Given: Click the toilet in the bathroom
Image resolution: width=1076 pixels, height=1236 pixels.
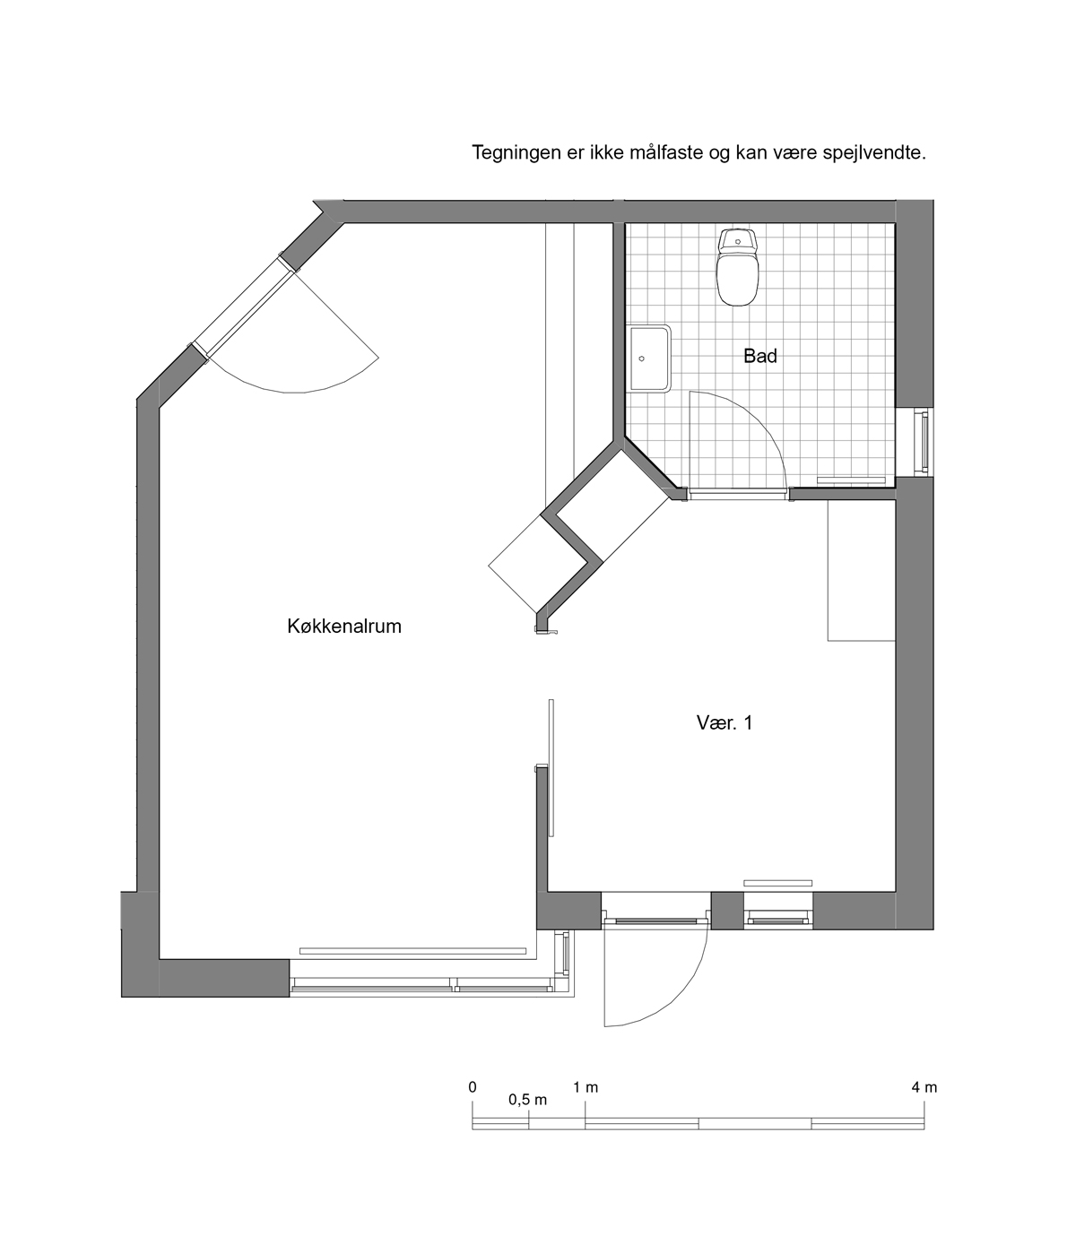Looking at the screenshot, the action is click(737, 267).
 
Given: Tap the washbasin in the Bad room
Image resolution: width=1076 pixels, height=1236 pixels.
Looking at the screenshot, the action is click(649, 359).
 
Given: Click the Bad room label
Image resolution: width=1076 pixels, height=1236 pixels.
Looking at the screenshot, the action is click(760, 356).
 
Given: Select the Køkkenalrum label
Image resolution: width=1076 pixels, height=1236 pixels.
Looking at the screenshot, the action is click(344, 627).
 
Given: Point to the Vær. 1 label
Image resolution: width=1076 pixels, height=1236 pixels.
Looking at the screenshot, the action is click(725, 723).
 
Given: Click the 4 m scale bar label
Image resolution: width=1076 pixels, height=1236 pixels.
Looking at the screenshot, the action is click(924, 1088).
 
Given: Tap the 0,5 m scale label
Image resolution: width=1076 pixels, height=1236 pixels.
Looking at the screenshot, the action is click(527, 1100).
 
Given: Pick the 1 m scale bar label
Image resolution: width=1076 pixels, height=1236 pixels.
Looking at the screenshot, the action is click(586, 1088).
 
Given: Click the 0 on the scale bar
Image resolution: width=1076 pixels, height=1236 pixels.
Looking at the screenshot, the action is click(473, 1087).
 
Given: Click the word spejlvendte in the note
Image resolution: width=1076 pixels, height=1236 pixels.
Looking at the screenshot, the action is click(874, 153).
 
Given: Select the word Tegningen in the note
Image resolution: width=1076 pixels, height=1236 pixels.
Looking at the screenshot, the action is click(516, 153).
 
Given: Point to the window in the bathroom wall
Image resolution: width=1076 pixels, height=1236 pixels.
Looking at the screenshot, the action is click(923, 442).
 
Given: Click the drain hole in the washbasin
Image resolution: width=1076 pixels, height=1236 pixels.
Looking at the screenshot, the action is click(642, 359).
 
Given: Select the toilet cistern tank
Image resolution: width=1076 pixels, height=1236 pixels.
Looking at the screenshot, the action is click(737, 241).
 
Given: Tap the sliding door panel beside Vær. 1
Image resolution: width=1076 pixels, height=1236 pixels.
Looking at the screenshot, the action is click(551, 768).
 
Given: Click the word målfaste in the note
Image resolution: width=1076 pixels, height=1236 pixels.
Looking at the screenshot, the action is click(666, 153).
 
